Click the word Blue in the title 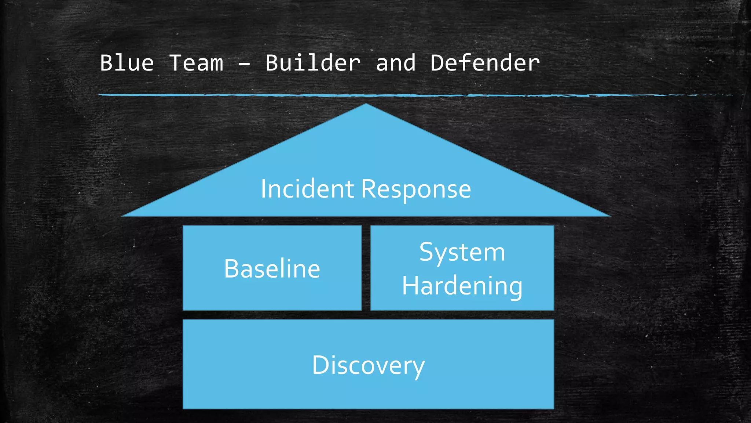[x=127, y=63]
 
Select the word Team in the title [x=196, y=63]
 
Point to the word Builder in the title [x=313, y=63]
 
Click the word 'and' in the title [x=396, y=63]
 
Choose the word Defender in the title [x=485, y=63]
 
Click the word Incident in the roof [x=307, y=189]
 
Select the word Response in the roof [x=416, y=190]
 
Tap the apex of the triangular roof [x=366, y=105]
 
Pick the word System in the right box [x=462, y=253]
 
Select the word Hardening [x=462, y=286]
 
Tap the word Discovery [x=368, y=365]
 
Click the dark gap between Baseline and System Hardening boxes [x=366, y=268]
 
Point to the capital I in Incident [x=263, y=189]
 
